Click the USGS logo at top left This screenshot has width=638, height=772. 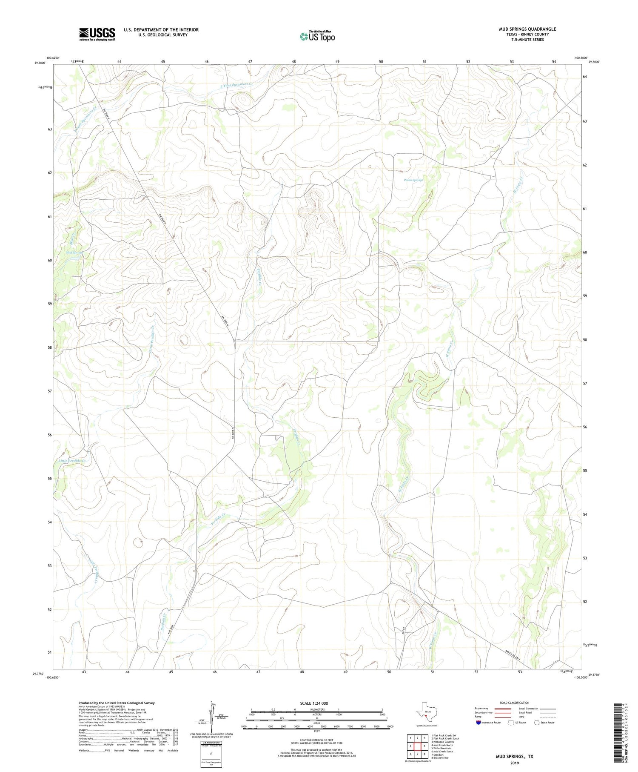click(x=97, y=34)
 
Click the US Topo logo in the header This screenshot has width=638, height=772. click(x=317, y=36)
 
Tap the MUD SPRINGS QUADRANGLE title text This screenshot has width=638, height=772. click(x=527, y=29)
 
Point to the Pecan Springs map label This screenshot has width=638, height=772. click(x=413, y=180)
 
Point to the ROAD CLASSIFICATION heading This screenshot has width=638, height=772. click(x=515, y=703)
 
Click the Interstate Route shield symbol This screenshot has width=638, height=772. click(x=478, y=722)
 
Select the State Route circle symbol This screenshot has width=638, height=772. click(x=537, y=722)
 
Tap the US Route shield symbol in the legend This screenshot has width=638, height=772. click(x=511, y=722)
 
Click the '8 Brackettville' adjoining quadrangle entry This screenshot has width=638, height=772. click(x=440, y=758)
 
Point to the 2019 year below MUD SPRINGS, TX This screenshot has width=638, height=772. click(x=514, y=763)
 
